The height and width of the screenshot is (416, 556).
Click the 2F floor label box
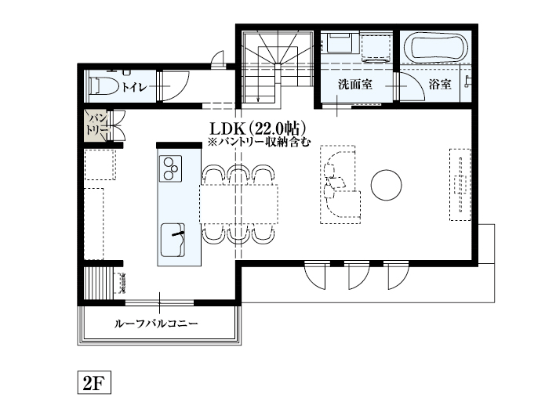coord(93,383)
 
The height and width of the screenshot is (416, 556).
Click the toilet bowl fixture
coord(101,84)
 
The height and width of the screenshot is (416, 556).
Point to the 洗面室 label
coord(354,84)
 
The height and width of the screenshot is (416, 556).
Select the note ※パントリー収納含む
coord(259,143)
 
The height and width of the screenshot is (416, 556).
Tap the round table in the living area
coord(386,185)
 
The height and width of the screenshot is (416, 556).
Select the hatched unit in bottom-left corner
coord(101,280)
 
